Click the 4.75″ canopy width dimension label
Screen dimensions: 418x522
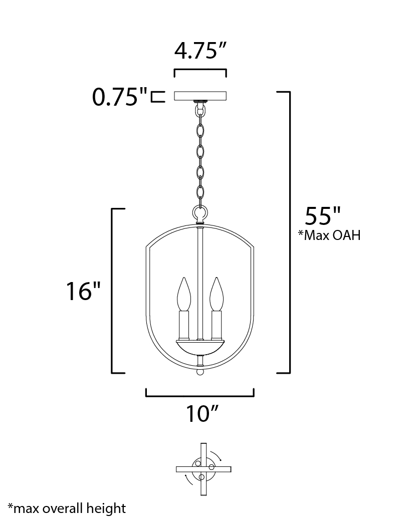[200, 51]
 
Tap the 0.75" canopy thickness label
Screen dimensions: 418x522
[120, 97]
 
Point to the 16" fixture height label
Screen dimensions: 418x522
[83, 291]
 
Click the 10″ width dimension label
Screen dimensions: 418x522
[201, 413]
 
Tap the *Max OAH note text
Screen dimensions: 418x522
[329, 235]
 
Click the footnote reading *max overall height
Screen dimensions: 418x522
[67, 508]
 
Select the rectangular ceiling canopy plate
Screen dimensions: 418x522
[200, 96]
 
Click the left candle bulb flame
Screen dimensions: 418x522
[184, 294]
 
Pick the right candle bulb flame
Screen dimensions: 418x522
[217, 294]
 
